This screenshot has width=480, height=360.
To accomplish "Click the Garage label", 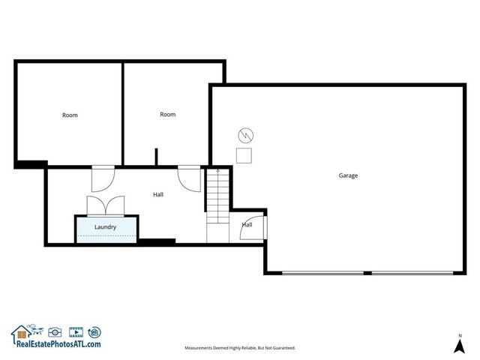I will pyautogui.click(x=348, y=175).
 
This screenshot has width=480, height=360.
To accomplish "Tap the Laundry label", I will pyautogui.click(x=105, y=226).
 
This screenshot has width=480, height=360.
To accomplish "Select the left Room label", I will pyautogui.click(x=70, y=115).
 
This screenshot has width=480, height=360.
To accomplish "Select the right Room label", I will pyautogui.click(x=168, y=114).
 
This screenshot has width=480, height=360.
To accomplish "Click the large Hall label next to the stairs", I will pyautogui.click(x=158, y=194).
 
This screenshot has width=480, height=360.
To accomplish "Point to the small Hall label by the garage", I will pyautogui.click(x=247, y=224).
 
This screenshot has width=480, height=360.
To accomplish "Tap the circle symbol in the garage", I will pyautogui.click(x=244, y=136).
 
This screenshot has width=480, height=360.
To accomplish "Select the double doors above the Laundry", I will pyautogui.click(x=105, y=205).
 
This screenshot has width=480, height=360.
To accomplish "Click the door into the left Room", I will pyautogui.click(x=101, y=178).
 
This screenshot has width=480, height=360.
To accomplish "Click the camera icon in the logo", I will pyautogui.click(x=54, y=331).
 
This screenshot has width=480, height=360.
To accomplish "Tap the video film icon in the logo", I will pyautogui.click(x=75, y=331).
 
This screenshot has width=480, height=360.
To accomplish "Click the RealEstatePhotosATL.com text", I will pyautogui.click(x=56, y=343).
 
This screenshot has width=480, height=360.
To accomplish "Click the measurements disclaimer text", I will pyautogui.click(x=240, y=348).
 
